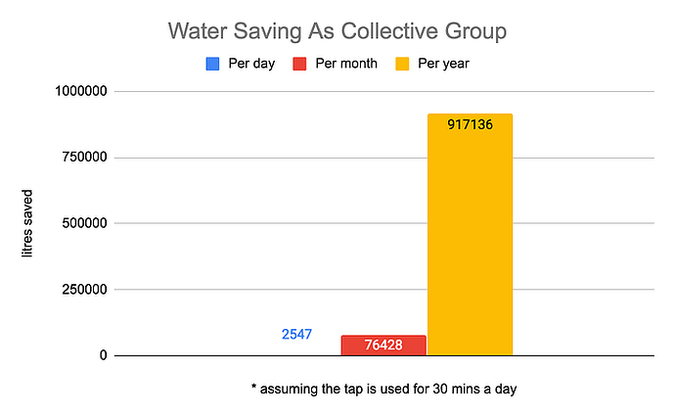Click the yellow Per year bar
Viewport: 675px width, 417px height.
[471, 245]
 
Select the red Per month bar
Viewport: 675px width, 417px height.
[383, 346]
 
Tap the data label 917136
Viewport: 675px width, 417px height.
[471, 125]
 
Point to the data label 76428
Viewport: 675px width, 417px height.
[383, 346]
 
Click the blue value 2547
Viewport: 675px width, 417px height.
[296, 334]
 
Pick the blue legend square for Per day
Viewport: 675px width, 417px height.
[212, 64]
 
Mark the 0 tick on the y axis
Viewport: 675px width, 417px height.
[102, 355]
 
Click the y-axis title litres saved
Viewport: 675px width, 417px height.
[28, 224]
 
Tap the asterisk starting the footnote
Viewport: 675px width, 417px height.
[253, 388]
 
